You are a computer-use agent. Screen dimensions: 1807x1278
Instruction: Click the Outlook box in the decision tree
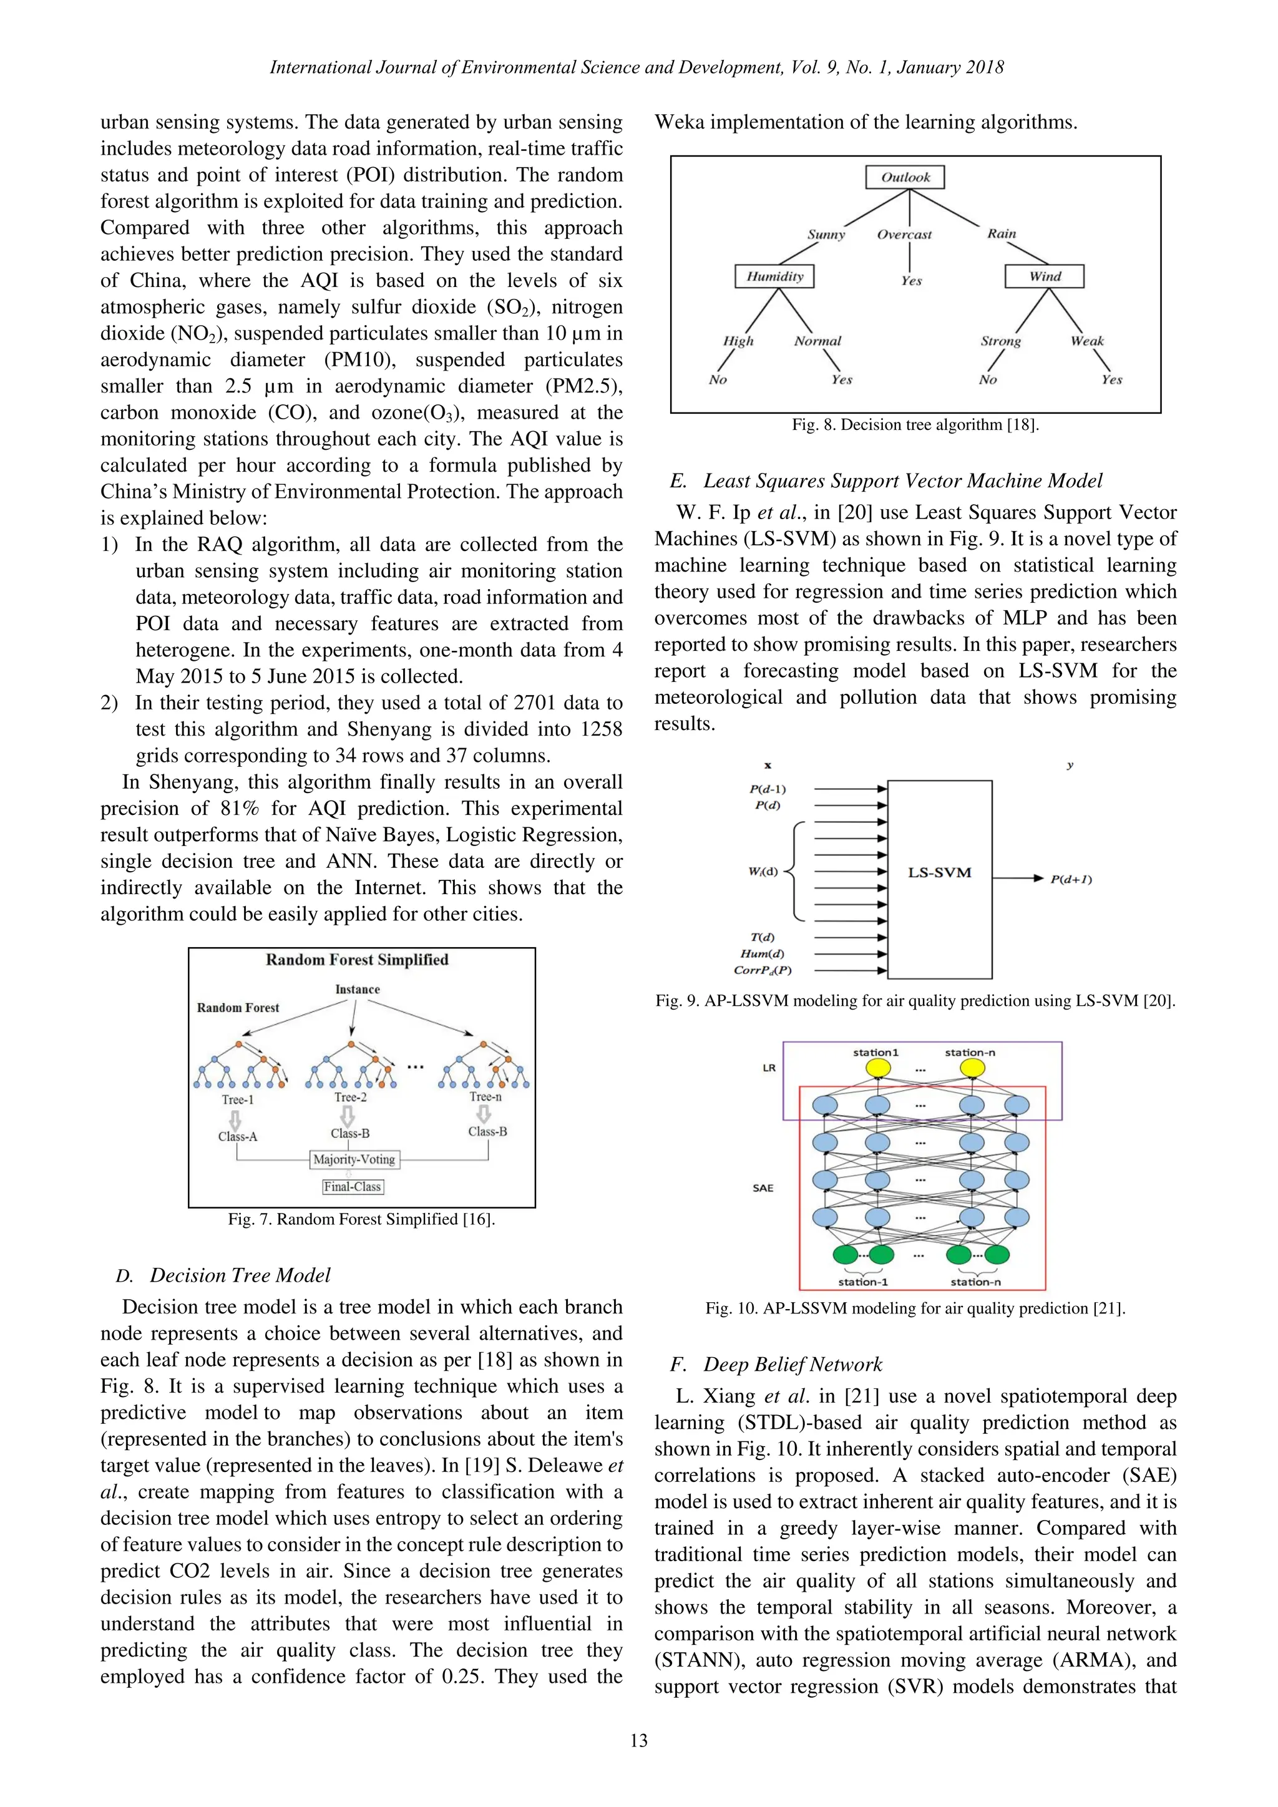click(904, 177)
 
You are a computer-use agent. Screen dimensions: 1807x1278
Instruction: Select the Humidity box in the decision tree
click(774, 276)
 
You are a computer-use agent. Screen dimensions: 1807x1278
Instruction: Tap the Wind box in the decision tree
click(1044, 276)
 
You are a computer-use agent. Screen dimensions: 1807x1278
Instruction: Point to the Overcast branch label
click(904, 235)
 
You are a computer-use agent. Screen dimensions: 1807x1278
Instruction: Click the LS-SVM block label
click(940, 873)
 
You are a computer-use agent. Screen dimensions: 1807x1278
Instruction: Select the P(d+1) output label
click(1071, 879)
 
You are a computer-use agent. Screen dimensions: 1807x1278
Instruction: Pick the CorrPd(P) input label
click(763, 970)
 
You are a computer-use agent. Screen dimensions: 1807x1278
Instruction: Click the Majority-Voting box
click(354, 1159)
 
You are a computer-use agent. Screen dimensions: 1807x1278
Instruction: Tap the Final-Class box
click(353, 1187)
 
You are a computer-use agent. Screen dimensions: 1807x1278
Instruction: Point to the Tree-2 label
click(350, 1097)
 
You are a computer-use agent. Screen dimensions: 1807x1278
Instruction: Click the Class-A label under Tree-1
click(238, 1136)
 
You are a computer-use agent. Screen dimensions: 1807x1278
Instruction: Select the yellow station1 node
click(878, 1068)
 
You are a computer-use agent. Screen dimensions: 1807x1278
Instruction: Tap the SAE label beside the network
click(763, 1189)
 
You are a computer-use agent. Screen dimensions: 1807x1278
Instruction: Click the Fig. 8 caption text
click(915, 425)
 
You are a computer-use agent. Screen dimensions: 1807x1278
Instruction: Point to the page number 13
click(638, 1741)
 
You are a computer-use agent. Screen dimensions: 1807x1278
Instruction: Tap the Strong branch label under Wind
click(1000, 341)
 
